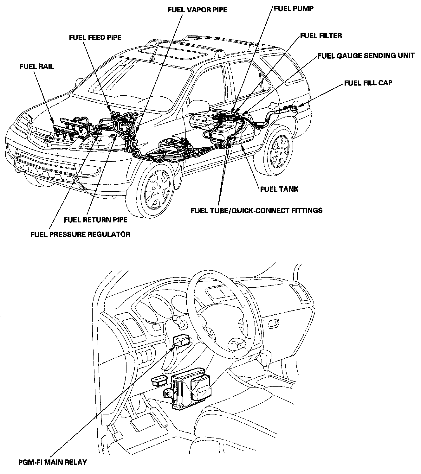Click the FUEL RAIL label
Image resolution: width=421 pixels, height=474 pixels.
(36, 66)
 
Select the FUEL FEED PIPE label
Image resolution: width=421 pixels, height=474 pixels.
(95, 37)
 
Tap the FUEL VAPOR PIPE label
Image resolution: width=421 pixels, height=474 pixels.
(197, 10)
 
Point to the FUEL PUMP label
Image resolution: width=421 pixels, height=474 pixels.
(294, 9)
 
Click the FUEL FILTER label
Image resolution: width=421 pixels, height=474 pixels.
(321, 36)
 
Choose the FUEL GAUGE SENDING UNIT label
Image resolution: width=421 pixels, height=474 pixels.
(366, 56)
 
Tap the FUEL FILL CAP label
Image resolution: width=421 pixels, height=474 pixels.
(368, 83)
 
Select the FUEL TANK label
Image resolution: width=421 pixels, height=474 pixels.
(279, 189)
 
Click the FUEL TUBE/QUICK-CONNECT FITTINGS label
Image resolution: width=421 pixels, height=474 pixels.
(256, 210)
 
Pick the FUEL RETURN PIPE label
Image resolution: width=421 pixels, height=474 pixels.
(95, 220)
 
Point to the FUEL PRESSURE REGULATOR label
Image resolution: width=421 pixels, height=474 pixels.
(80, 234)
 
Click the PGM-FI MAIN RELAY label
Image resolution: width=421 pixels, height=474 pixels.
(52, 462)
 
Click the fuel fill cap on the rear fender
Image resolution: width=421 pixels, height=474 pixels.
(294, 109)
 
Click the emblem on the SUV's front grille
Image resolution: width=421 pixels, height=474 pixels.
(48, 138)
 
